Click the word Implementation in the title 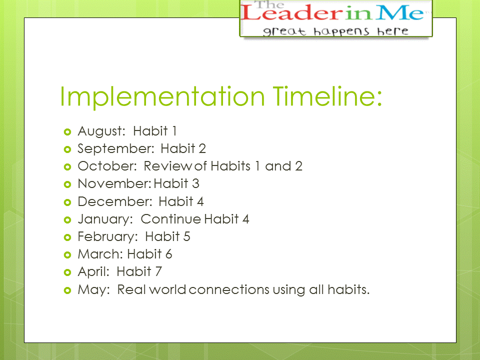[162, 97]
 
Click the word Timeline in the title [327, 96]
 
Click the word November [114, 183]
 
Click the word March [100, 254]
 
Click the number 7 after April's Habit [158, 271]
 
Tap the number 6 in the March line [168, 254]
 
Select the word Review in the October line [168, 166]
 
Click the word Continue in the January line [171, 219]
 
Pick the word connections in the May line [229, 289]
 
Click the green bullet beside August [67, 132]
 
